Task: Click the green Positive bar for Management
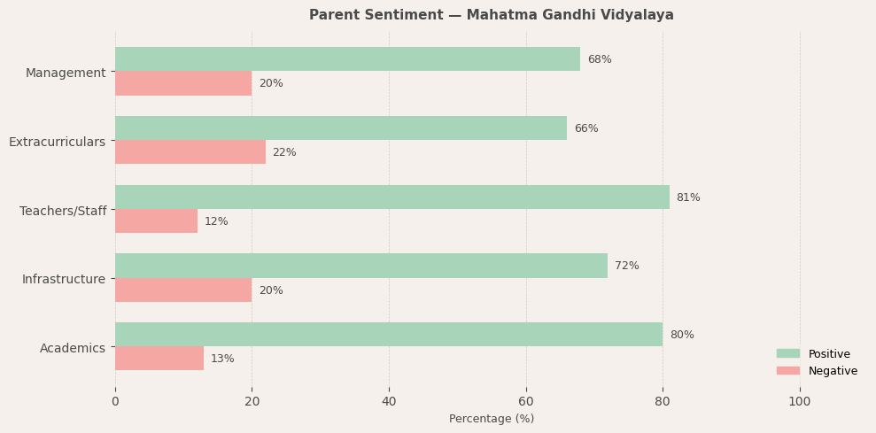click(x=347, y=59)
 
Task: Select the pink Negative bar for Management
click(x=183, y=83)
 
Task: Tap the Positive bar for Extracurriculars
click(x=341, y=128)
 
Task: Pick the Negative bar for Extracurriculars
click(x=190, y=152)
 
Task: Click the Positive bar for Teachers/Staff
click(x=392, y=197)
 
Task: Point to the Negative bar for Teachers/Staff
click(x=156, y=221)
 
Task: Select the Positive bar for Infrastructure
click(x=361, y=266)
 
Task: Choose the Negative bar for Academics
click(x=159, y=359)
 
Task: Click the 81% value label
click(x=688, y=197)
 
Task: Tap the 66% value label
click(x=585, y=128)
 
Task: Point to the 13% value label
click(x=222, y=359)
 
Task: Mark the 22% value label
click(x=284, y=152)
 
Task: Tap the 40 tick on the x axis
click(x=389, y=401)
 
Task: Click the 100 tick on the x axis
click(x=800, y=401)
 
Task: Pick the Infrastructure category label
click(x=64, y=279)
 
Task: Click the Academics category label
click(x=73, y=348)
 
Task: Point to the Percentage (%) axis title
click(x=492, y=419)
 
